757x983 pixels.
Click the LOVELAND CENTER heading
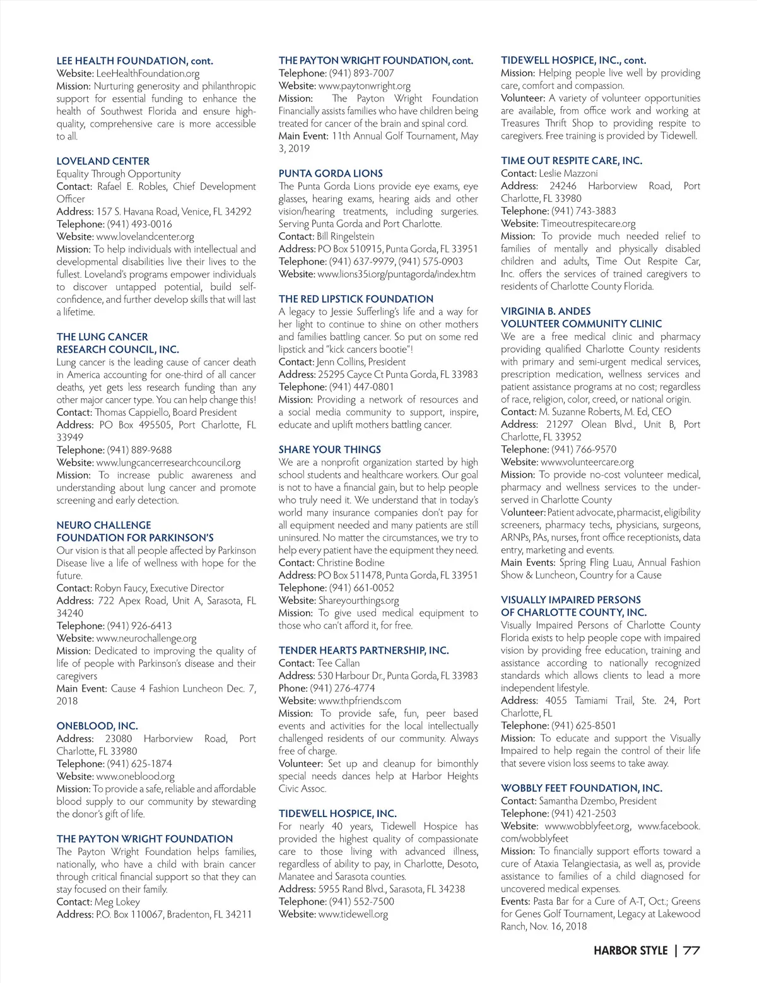pyautogui.click(x=103, y=161)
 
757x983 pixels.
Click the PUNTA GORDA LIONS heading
pyautogui.click(x=331, y=174)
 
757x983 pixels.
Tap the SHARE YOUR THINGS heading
pyautogui.click(x=330, y=450)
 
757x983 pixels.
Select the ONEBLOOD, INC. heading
pyautogui.click(x=97, y=726)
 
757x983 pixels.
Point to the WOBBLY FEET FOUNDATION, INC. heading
pyautogui.click(x=582, y=788)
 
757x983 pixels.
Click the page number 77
pyautogui.click(x=691, y=951)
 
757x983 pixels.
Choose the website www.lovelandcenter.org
pyautogui.click(x=145, y=237)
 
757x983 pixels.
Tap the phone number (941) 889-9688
pyautogui.click(x=139, y=450)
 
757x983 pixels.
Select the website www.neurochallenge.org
pyautogui.click(x=146, y=638)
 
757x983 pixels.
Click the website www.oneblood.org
pyautogui.click(x=135, y=777)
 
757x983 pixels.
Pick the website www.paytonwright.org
pyautogui.click(x=365, y=86)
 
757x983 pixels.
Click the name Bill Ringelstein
pyautogui.click(x=345, y=237)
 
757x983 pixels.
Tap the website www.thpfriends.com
pyautogui.click(x=360, y=701)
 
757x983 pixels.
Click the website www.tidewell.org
pyautogui.click(x=353, y=914)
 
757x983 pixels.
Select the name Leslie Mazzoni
pyautogui.click(x=568, y=174)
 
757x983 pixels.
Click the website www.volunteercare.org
pyautogui.click(x=587, y=462)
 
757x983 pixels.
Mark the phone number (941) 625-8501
pyautogui.click(x=584, y=726)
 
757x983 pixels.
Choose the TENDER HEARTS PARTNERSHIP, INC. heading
pyautogui.click(x=364, y=650)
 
